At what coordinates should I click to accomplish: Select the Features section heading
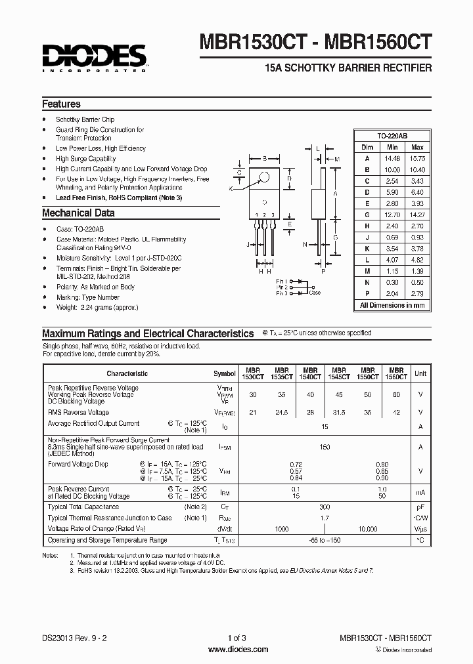pos(61,104)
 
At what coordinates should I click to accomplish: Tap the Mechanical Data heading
pos(78,213)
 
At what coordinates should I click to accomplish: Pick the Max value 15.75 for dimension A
pos(417,158)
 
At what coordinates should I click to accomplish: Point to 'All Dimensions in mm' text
pos(392,305)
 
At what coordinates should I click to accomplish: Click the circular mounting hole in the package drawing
pos(265,176)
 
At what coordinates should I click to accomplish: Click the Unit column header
pos(419,373)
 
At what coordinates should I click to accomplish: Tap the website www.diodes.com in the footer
pos(237,650)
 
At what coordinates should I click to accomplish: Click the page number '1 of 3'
pos(236,638)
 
